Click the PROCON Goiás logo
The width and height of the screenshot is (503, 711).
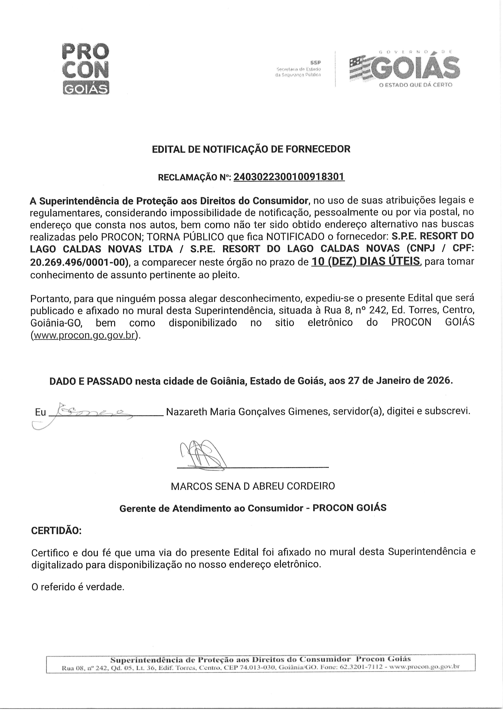tap(86, 69)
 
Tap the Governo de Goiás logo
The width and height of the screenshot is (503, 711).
tap(404, 69)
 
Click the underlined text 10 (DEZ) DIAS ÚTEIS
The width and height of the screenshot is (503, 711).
tap(366, 262)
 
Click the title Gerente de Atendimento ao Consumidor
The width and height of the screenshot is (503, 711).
tap(211, 508)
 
